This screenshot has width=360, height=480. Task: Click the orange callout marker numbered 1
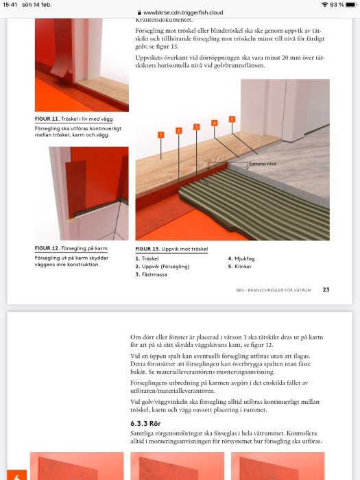tap(160, 134)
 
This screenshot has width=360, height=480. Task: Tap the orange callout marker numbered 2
tap(179, 131)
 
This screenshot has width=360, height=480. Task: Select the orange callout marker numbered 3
tap(197, 127)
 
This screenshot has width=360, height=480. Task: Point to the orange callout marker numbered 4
tap(214, 123)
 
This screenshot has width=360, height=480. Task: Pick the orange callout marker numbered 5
tap(232, 119)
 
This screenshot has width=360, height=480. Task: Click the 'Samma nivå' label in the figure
tap(263, 164)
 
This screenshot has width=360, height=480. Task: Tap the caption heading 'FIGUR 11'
tap(47, 119)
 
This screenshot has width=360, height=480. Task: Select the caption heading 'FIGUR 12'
tap(47, 248)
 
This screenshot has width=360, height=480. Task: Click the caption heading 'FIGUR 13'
tap(147, 249)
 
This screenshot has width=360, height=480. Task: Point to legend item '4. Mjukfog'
tap(241, 259)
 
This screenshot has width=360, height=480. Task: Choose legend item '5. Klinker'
tap(240, 267)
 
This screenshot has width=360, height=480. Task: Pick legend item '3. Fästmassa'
tap(152, 274)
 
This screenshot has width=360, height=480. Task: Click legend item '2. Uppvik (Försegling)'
tap(163, 267)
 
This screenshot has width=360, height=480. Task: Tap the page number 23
tap(326, 289)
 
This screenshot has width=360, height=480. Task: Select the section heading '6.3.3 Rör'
tap(145, 423)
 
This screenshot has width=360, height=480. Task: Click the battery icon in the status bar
tap(351, 5)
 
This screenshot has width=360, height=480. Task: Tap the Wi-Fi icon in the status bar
tap(324, 5)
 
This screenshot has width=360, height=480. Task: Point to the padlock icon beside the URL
tap(140, 12)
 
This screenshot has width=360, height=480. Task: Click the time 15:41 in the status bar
tap(10, 5)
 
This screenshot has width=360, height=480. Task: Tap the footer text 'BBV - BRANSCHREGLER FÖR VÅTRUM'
tap(274, 290)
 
